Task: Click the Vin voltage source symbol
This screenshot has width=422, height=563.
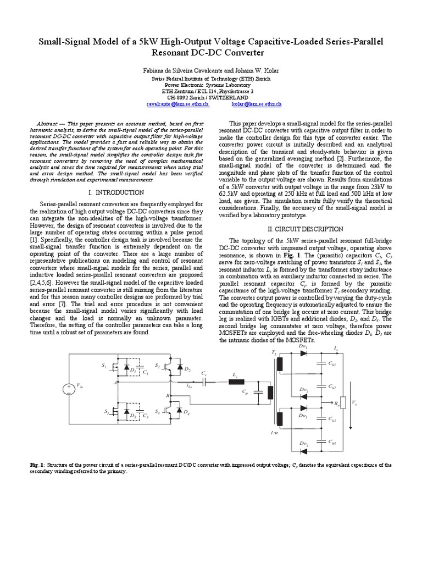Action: click(69, 390)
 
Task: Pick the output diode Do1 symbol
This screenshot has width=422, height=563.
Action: click(303, 352)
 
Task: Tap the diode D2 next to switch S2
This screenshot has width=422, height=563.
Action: click(179, 368)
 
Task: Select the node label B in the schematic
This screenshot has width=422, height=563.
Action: click(168, 395)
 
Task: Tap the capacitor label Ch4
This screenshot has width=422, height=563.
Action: click(332, 443)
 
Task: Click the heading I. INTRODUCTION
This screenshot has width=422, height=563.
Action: click(116, 192)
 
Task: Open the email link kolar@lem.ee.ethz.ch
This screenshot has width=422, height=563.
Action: click(256, 103)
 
